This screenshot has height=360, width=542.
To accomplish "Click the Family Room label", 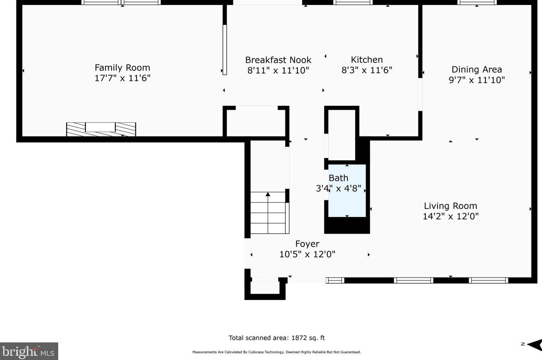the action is [122, 67].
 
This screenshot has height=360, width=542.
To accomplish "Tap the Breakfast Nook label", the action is [278, 60].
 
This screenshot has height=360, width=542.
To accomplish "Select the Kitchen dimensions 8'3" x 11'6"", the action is [367, 70].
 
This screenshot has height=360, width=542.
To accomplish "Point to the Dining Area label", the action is [476, 70].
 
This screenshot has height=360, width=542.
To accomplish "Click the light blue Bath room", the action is [347, 191].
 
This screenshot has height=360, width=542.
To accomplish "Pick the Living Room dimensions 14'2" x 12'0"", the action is [451, 216].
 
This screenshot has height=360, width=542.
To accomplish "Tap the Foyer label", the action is [307, 244].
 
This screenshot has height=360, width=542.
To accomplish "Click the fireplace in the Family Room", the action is [101, 129].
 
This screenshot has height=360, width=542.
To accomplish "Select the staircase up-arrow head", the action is [268, 194].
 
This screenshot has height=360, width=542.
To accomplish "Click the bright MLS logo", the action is [29, 351].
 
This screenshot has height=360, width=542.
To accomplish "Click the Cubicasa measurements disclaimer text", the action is [276, 352].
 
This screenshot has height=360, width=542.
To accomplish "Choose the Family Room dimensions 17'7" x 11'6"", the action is [123, 78].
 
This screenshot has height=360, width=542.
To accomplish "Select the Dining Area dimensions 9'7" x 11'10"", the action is [476, 80].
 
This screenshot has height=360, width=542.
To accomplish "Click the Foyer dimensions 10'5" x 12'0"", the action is [307, 254].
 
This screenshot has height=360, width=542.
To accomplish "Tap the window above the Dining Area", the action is [476, 2].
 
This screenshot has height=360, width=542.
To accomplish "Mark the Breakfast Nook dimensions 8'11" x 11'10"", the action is [278, 71].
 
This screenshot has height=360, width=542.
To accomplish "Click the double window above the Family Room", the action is [121, 2].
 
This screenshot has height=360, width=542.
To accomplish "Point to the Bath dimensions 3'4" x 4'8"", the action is [338, 188].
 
